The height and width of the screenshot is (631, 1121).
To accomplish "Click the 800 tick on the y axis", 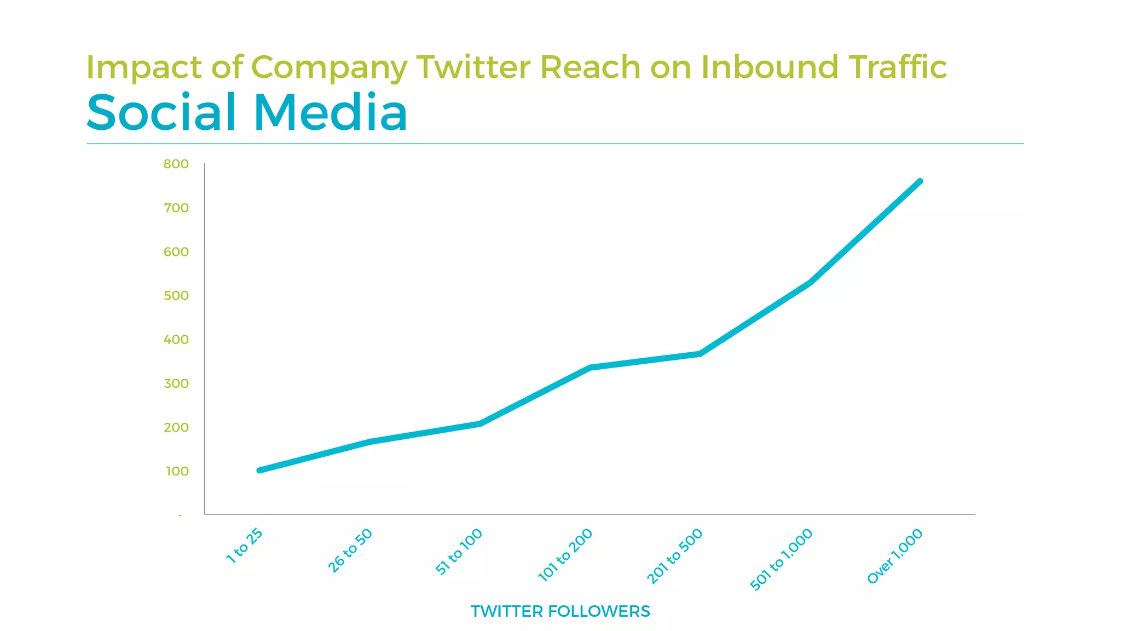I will click(x=176, y=164).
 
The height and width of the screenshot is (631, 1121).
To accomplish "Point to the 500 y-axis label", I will click(x=176, y=296).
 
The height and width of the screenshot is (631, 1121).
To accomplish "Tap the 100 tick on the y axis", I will click(x=177, y=471).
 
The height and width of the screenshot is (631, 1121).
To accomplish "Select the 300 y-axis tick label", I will click(x=176, y=383).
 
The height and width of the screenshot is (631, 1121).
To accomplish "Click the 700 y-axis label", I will click(x=176, y=208).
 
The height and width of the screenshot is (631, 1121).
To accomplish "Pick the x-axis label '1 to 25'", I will click(x=245, y=546).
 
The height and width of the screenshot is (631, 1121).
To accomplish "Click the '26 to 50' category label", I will click(x=350, y=550).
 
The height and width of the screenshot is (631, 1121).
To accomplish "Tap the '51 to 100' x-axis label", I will click(x=459, y=552).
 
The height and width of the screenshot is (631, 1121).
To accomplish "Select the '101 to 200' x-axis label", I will click(x=565, y=554).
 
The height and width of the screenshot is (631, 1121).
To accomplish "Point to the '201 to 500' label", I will click(x=675, y=555).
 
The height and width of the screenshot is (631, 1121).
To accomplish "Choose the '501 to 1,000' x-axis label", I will click(x=781, y=559).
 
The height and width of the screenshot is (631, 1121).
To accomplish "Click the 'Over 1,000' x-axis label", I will click(x=895, y=556).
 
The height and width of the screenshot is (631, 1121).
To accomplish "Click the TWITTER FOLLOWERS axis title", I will click(x=560, y=611).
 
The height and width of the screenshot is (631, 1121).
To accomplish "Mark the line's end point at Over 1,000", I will click(x=920, y=181).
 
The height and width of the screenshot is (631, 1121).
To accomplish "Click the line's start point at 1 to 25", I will click(x=259, y=470).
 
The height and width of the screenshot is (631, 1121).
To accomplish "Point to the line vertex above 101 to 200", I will click(x=590, y=368).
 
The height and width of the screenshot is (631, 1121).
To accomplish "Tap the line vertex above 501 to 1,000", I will click(x=810, y=283).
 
